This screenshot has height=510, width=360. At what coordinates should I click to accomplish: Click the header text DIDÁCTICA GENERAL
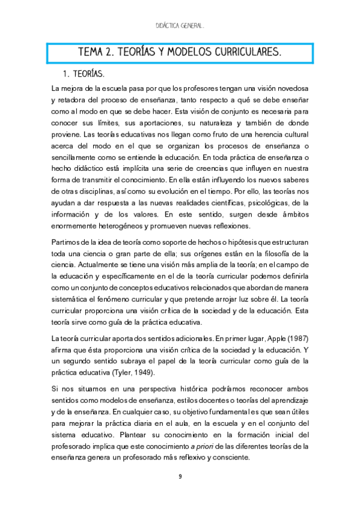click(180, 26)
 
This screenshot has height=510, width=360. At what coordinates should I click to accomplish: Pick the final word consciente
click(230, 457)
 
